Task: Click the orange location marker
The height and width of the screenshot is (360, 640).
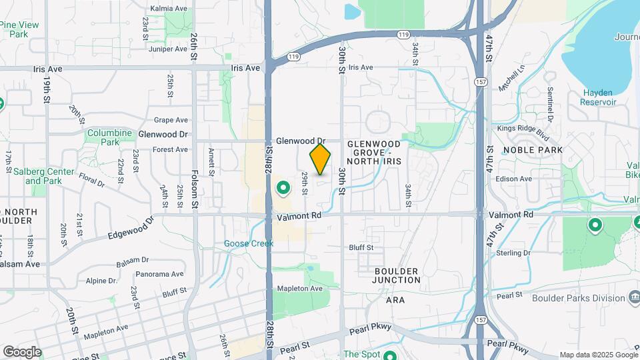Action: point(321,159)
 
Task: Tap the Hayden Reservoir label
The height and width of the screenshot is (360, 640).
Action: point(598,97)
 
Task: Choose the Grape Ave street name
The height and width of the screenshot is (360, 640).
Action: point(171,121)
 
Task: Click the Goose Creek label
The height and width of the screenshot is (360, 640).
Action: point(249,243)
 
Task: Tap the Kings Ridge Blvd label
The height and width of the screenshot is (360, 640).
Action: point(523,132)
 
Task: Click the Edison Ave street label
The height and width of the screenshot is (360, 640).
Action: point(516,179)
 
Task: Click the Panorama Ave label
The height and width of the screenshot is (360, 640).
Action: point(159,274)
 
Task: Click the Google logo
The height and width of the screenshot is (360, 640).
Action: point(22,351)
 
